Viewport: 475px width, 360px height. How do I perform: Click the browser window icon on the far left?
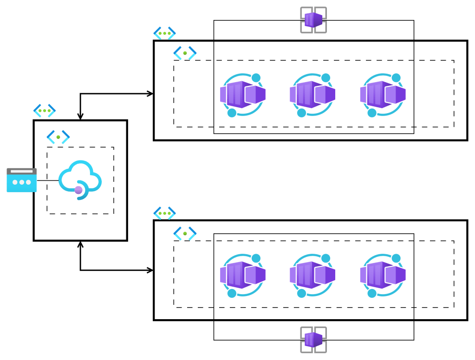pyautogui.click(x=21, y=180)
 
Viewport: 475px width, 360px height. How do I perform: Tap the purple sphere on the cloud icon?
pyautogui.click(x=78, y=190)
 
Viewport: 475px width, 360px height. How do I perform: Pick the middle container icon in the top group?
pyautogui.click(x=312, y=95)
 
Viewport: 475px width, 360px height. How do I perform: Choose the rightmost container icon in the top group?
pyautogui.click(x=383, y=95)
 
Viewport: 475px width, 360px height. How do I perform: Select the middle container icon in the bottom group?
pyautogui.click(x=312, y=275)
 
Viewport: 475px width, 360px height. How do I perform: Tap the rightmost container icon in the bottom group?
pyautogui.click(x=383, y=275)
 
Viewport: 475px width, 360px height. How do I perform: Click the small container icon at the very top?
pyautogui.click(x=313, y=19)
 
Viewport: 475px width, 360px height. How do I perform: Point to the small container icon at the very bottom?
pyautogui.click(x=313, y=340)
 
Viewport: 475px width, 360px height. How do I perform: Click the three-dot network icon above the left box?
pyautogui.click(x=45, y=110)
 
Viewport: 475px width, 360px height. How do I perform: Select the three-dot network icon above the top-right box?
pyautogui.click(x=164, y=33)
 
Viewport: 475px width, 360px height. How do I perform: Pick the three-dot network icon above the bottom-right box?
pyautogui.click(x=164, y=213)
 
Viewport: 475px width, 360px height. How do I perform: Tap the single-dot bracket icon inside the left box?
pyautogui.click(x=58, y=137)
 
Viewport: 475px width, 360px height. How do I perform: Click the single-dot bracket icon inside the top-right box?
pyautogui.click(x=185, y=53)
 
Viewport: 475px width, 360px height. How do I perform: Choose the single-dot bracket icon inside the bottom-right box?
pyautogui.click(x=185, y=233)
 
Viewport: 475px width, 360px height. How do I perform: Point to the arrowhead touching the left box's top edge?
pyautogui.click(x=80, y=117)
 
